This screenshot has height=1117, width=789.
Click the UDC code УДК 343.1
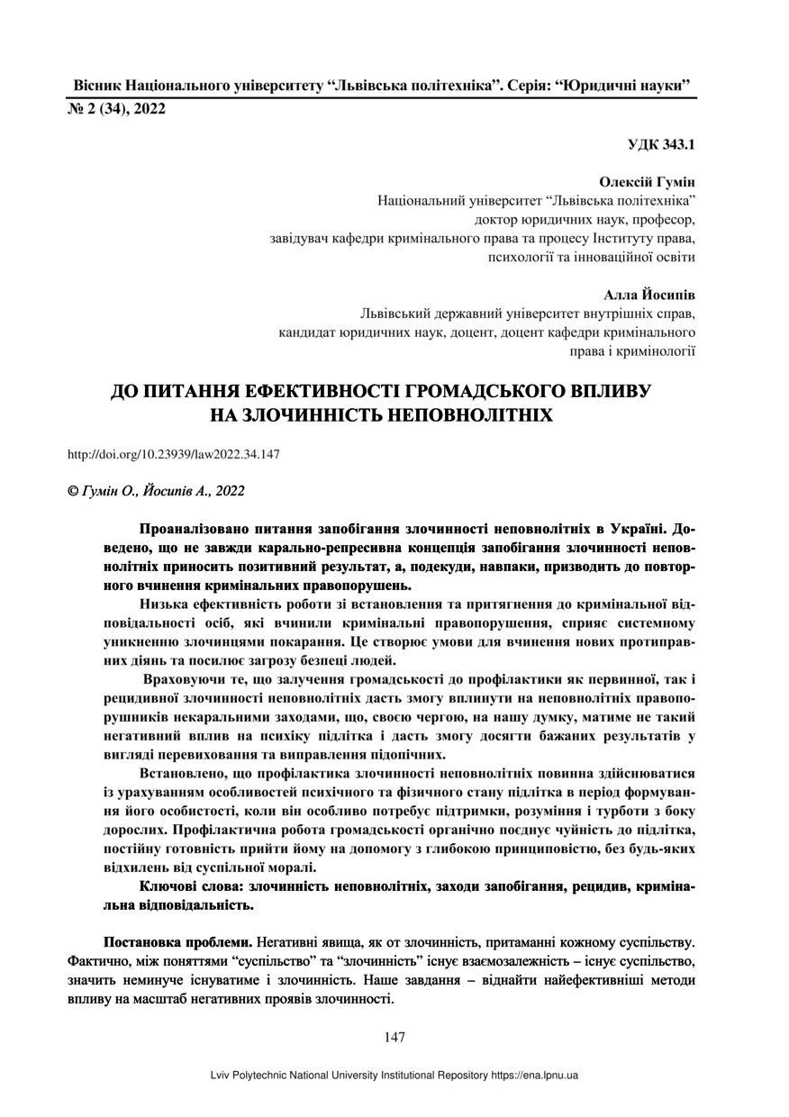tap(662, 144)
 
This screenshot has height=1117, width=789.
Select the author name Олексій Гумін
tap(648, 182)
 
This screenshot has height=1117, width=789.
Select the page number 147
tap(394, 1037)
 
